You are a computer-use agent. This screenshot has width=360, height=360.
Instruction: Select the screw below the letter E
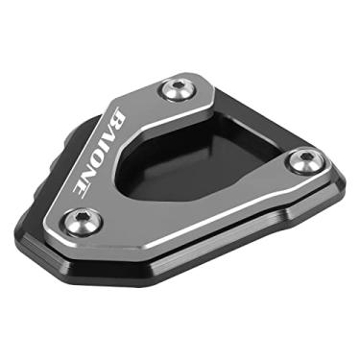click(83, 223)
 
